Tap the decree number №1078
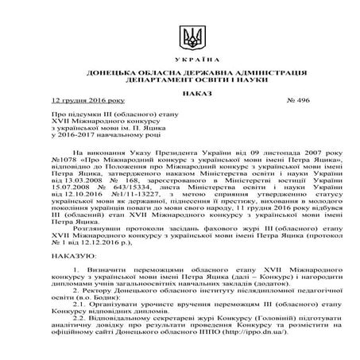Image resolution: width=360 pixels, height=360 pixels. click(64, 158)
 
